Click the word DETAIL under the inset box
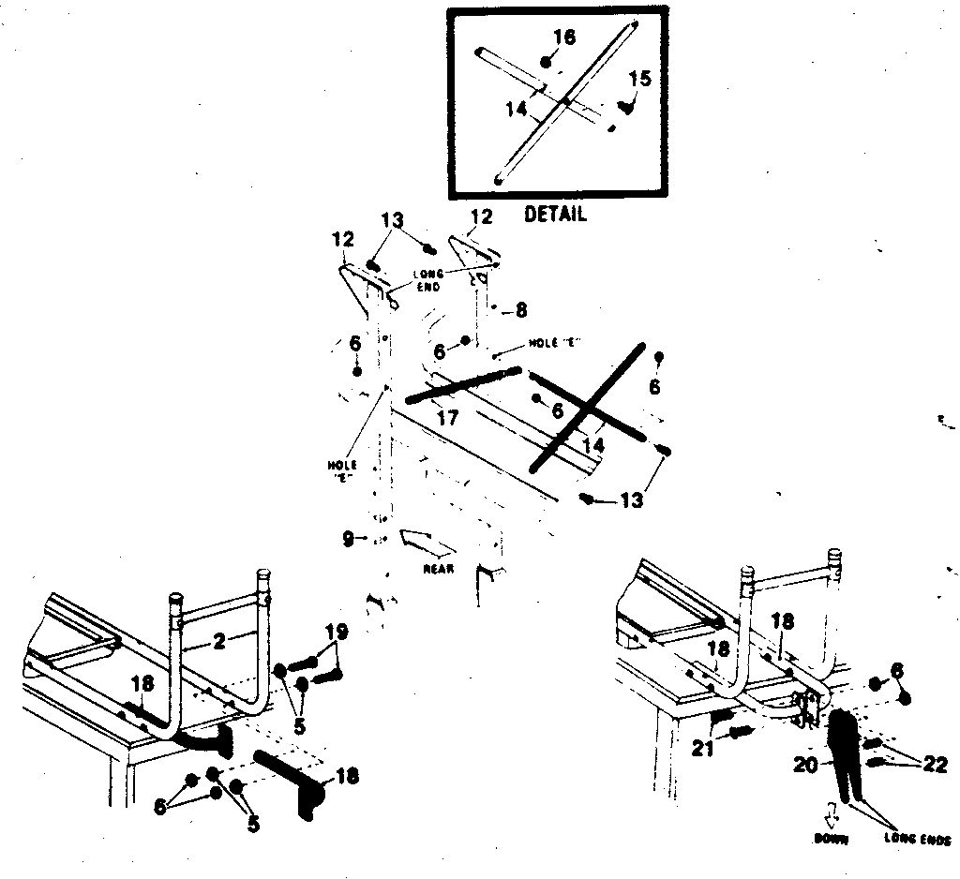tap(555, 215)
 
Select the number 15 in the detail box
tap(638, 79)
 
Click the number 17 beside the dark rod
tap(449, 419)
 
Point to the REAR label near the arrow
tap(439, 569)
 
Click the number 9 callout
tap(348, 539)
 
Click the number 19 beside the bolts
tap(335, 634)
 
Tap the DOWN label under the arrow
tap(832, 840)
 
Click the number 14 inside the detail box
tap(517, 109)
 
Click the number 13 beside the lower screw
tap(631, 501)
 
